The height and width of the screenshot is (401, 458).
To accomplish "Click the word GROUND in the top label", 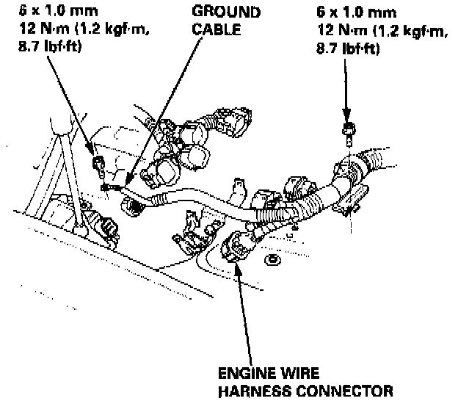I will [225, 12].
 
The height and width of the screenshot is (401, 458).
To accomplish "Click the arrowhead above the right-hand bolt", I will [346, 117].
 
